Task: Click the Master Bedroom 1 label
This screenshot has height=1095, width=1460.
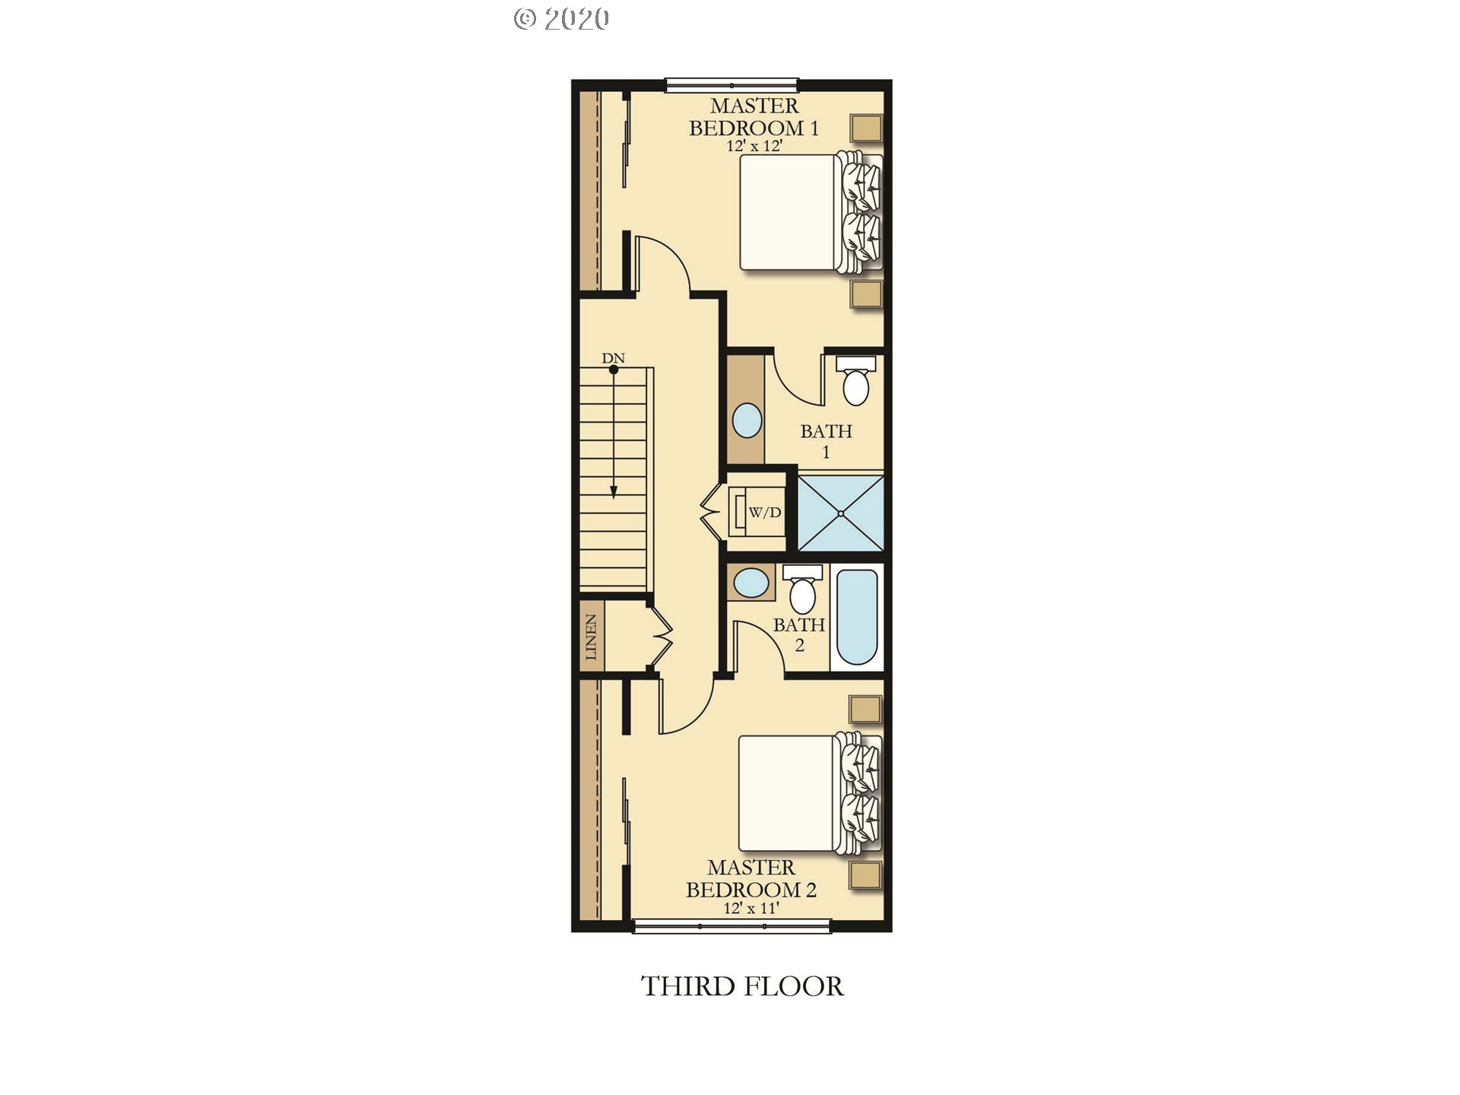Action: coord(754,117)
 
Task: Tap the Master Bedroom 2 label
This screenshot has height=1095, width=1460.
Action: coord(751,879)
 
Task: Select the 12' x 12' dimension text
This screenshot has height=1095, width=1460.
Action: coord(754,146)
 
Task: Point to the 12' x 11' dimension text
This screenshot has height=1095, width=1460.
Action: coord(751,908)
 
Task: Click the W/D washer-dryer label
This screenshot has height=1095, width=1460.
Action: coord(765,513)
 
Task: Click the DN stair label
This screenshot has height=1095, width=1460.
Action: coord(614,358)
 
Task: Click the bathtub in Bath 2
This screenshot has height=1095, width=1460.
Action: coord(857,617)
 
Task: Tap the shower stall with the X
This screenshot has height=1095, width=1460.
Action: coord(840,513)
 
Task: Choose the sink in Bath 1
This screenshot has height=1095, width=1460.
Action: coord(747,421)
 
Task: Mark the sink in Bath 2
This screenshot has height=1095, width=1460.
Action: coord(752,582)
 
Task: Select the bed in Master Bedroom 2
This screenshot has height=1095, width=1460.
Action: coord(810,793)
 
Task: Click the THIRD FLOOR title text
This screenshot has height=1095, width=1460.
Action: coord(742,986)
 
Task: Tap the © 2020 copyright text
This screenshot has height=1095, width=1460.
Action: coord(561,19)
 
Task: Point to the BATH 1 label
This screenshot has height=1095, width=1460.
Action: coord(826,442)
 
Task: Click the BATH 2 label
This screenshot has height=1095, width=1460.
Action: coord(799,635)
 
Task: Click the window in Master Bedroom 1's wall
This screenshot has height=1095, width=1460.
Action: coord(732,85)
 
